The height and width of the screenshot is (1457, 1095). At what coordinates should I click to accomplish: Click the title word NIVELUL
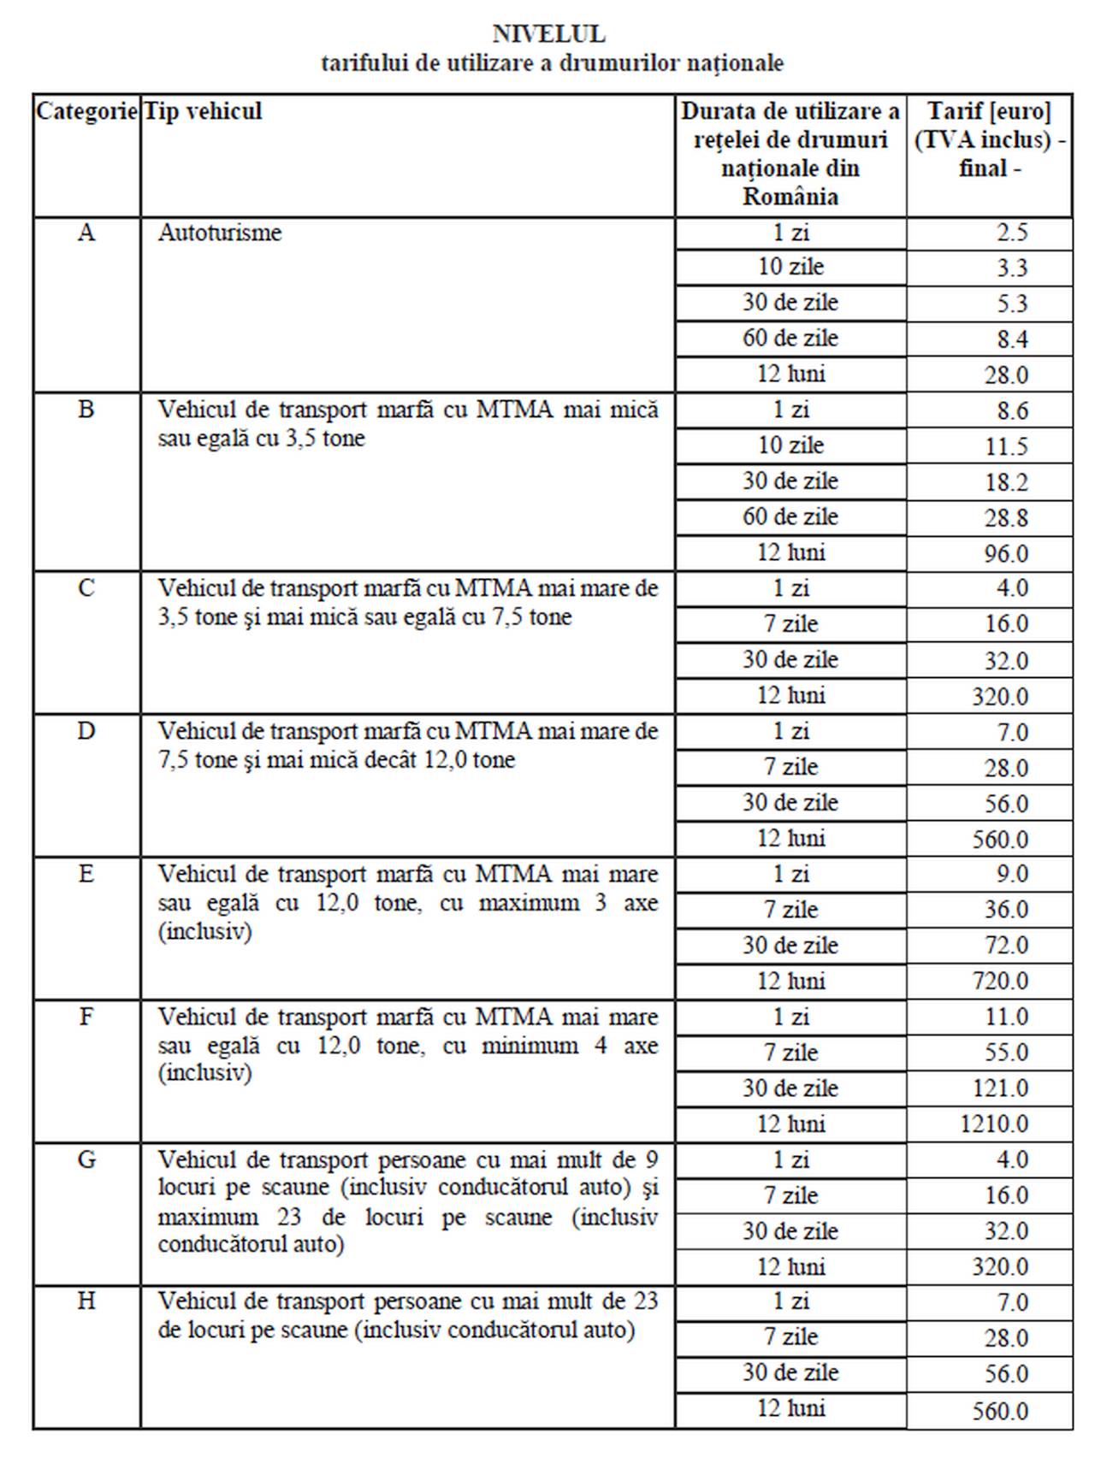click(x=548, y=34)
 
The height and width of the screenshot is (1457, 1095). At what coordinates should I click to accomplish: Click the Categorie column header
click(x=86, y=111)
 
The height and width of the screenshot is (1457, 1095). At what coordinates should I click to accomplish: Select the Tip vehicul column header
click(x=203, y=111)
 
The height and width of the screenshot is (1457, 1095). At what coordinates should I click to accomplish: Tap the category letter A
click(x=86, y=233)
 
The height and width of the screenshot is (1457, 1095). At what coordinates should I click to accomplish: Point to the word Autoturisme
click(x=220, y=233)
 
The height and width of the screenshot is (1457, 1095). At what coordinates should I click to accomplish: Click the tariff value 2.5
click(x=1012, y=233)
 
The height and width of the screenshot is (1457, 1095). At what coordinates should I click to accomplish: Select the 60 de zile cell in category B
click(x=790, y=516)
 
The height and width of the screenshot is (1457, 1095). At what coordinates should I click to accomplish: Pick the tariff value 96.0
click(x=1006, y=553)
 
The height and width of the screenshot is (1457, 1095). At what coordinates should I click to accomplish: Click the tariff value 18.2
click(x=1006, y=482)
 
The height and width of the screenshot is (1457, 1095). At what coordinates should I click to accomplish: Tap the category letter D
click(x=86, y=731)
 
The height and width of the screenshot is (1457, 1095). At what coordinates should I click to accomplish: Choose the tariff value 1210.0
click(x=994, y=1123)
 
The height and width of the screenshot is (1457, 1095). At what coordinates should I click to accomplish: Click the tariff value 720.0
click(x=1000, y=980)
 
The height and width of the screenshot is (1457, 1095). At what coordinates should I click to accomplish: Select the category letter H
click(x=86, y=1301)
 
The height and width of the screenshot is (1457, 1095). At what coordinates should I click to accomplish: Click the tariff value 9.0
click(x=1012, y=874)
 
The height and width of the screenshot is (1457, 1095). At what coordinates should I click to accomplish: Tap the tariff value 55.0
click(x=1006, y=1053)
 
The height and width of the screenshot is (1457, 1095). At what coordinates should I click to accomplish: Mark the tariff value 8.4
click(x=1012, y=339)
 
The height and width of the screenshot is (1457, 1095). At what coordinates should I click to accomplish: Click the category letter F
click(x=86, y=1017)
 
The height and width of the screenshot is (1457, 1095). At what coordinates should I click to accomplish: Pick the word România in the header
click(x=790, y=197)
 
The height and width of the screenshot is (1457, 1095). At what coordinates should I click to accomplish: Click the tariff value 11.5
click(x=1006, y=446)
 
